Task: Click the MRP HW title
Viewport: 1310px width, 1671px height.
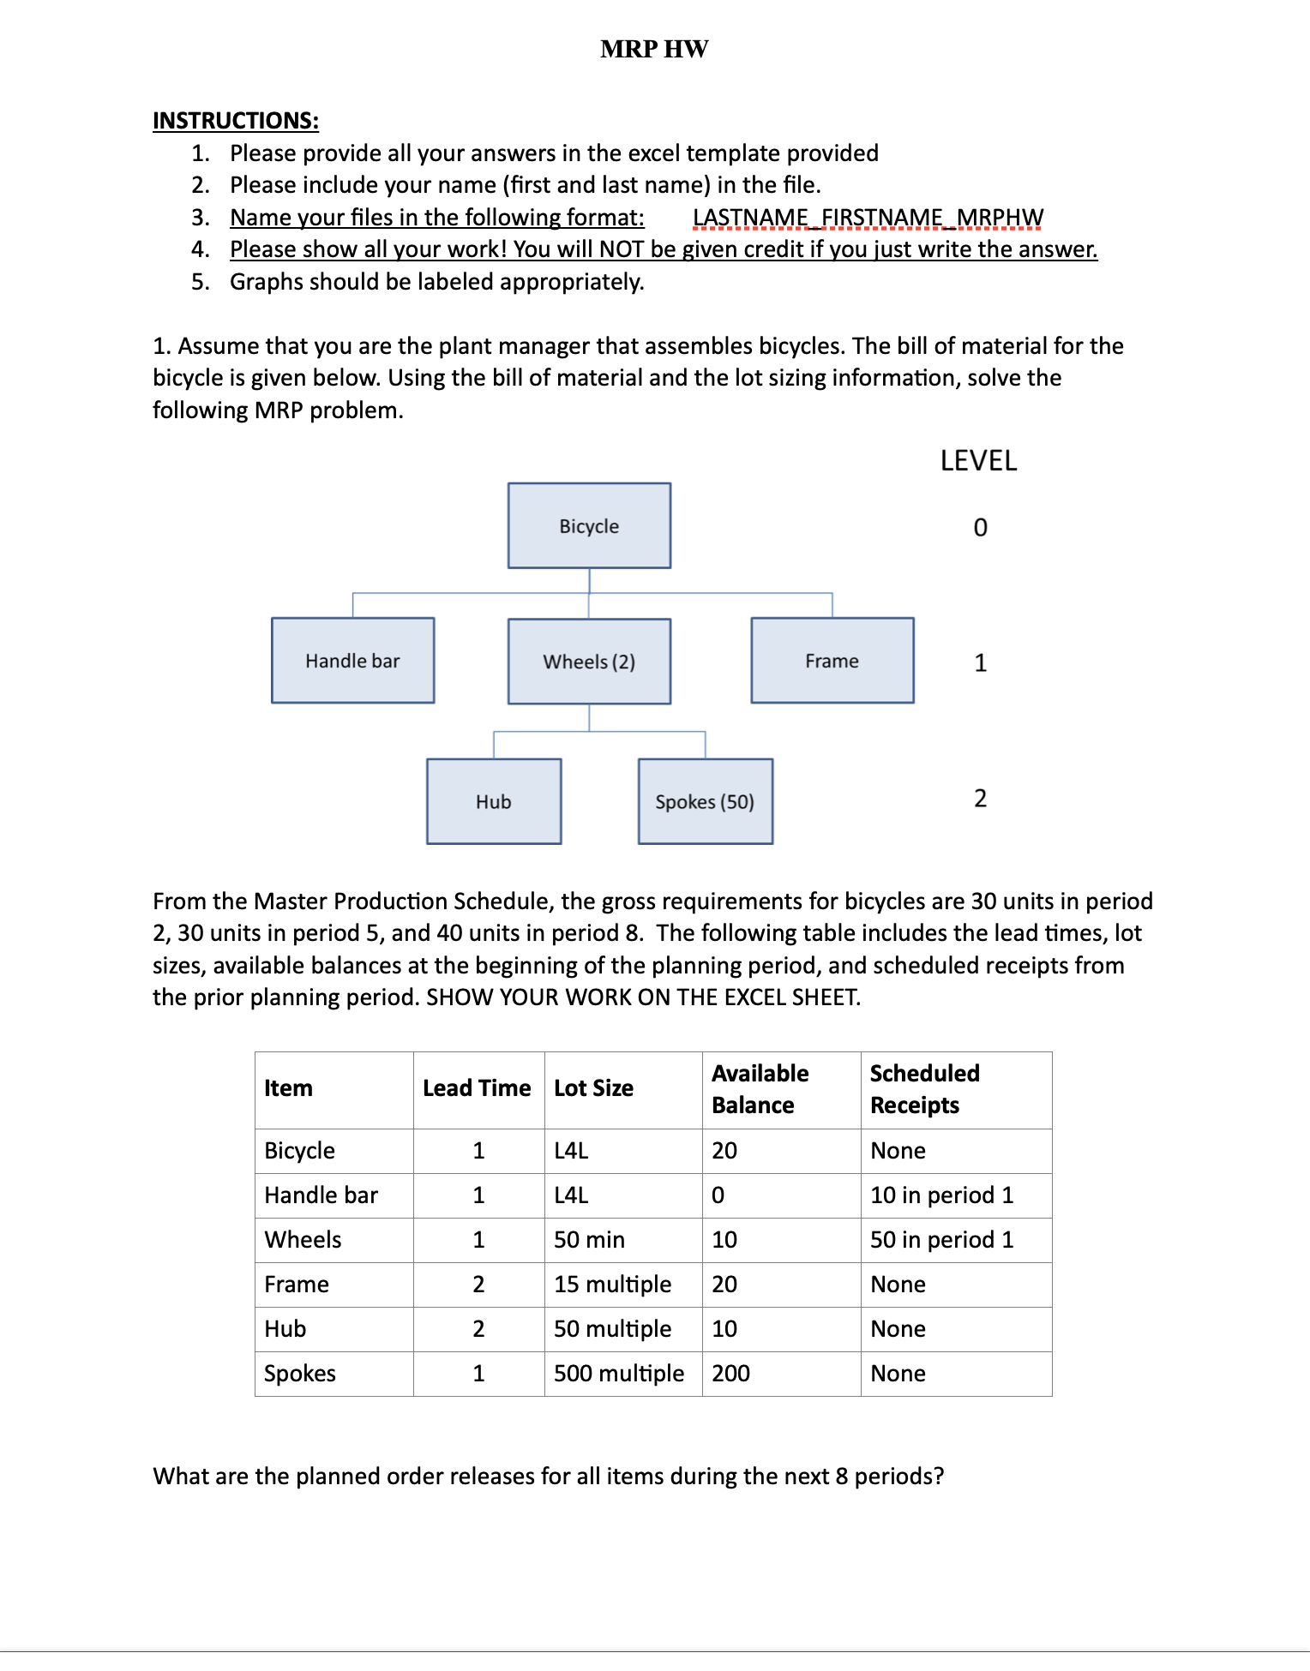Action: tap(654, 49)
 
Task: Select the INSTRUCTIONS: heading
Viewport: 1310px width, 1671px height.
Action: tap(236, 120)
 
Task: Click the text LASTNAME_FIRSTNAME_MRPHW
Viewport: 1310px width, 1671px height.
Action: tap(868, 218)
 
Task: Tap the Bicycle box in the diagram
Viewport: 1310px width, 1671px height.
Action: tap(589, 526)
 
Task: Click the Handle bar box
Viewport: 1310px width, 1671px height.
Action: tap(352, 661)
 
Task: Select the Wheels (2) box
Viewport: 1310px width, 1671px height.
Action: tap(589, 662)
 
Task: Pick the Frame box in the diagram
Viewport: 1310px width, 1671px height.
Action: tap(832, 661)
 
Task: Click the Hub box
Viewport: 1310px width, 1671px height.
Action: tap(494, 802)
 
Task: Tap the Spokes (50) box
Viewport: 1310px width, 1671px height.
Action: tap(705, 802)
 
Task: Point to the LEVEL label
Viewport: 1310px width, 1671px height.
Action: tap(978, 461)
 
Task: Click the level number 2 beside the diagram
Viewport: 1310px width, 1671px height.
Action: tap(980, 799)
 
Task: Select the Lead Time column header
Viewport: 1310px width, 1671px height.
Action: tap(477, 1088)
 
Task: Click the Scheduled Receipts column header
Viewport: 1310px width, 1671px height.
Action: tap(924, 1089)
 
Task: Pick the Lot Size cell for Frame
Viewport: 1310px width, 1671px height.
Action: tap(612, 1285)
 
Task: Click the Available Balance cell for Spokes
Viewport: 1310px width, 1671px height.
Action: tap(730, 1374)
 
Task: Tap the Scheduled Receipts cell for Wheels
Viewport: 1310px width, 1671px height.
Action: tap(941, 1240)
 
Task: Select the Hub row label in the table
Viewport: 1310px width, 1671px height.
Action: tap(285, 1329)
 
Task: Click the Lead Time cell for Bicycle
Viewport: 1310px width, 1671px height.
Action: tap(478, 1151)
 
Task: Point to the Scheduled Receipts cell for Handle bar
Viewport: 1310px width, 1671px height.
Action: tap(941, 1195)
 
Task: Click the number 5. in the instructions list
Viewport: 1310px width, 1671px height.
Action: tap(200, 282)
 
